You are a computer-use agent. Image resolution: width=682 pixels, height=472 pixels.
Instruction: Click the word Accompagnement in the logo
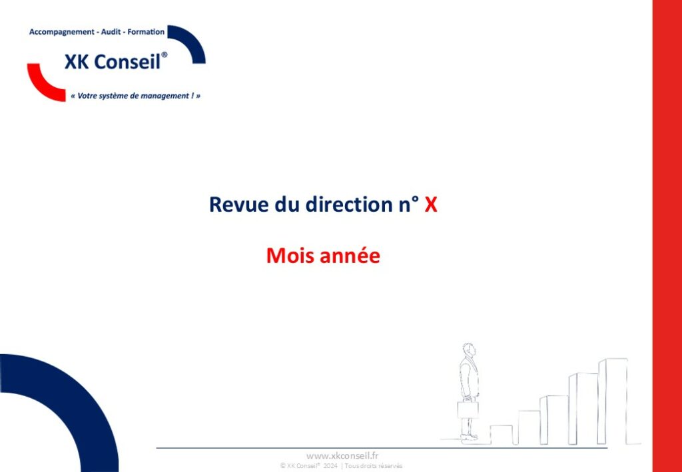(x=61, y=32)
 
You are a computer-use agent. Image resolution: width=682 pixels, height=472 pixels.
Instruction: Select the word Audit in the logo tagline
(x=111, y=32)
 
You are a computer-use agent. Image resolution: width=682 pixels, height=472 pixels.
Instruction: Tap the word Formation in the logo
(x=146, y=32)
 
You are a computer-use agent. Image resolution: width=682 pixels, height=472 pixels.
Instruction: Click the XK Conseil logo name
(x=116, y=61)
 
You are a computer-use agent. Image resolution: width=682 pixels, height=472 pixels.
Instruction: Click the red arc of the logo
(x=41, y=87)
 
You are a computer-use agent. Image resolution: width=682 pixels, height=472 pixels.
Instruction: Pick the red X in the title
(x=431, y=204)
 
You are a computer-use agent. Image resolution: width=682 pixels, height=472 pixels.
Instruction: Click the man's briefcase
(x=468, y=409)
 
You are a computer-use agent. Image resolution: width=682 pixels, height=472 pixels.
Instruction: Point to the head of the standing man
(x=468, y=350)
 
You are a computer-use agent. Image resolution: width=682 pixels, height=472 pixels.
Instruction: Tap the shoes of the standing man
(x=469, y=436)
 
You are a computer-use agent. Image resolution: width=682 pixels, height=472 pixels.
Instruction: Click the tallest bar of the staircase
(x=613, y=401)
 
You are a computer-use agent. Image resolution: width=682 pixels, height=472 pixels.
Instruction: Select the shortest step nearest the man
(x=502, y=435)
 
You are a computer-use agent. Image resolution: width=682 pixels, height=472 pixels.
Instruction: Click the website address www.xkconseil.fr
(x=342, y=455)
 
